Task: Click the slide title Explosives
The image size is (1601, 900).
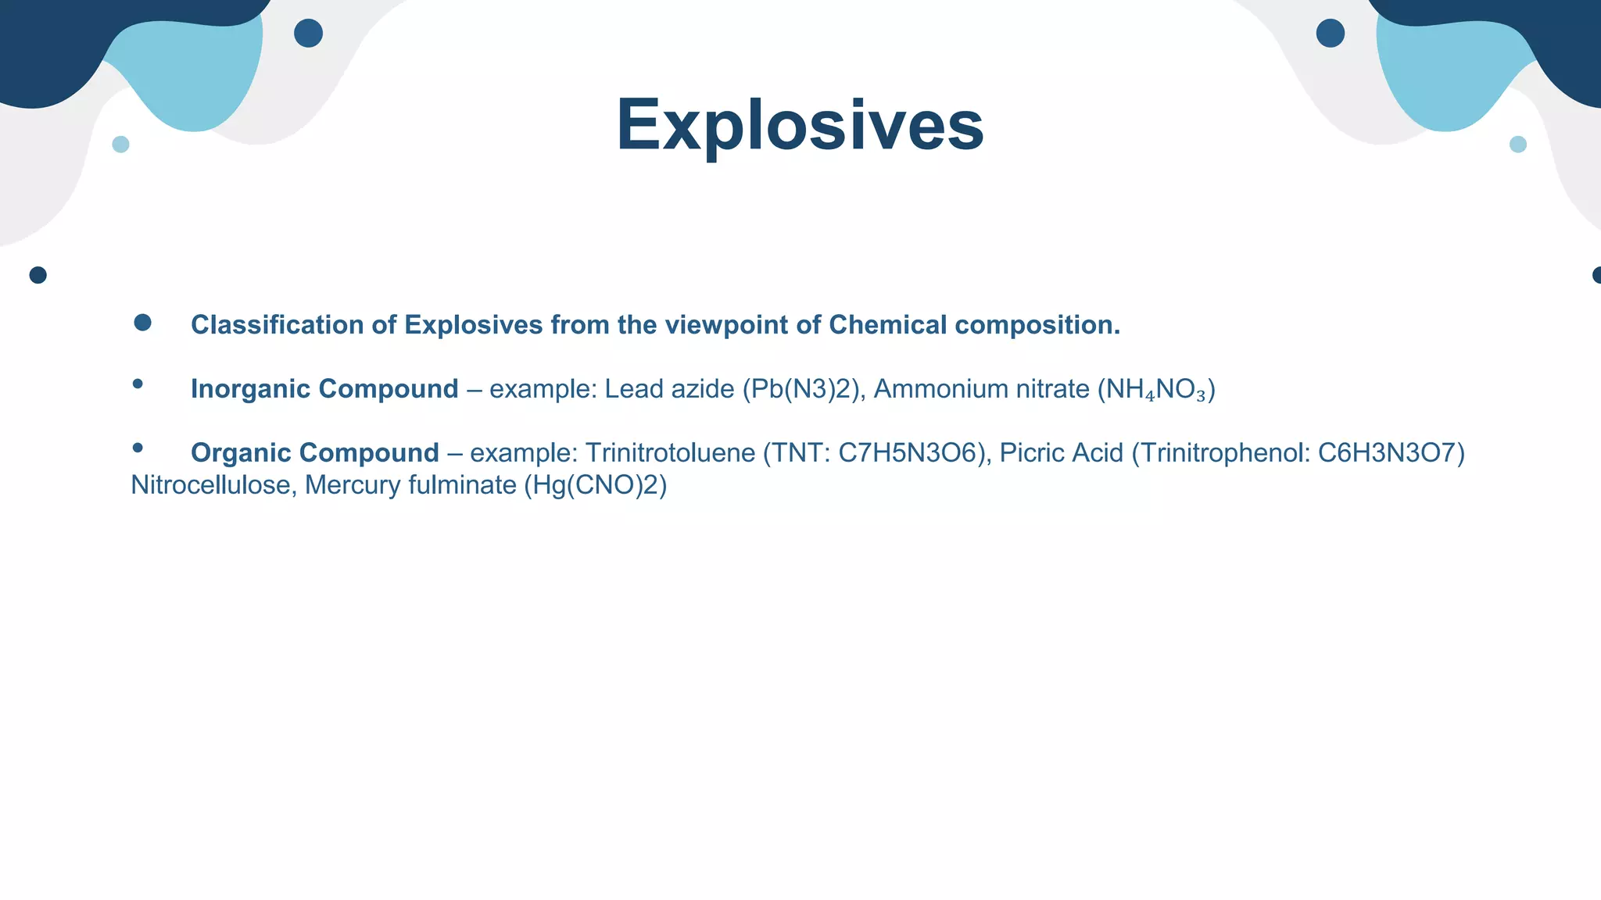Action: pos(800,125)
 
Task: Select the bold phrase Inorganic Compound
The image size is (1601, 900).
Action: pos(324,389)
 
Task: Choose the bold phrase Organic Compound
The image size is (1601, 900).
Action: pos(315,453)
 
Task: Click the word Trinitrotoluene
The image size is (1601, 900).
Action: pos(670,453)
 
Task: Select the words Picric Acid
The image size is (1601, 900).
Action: pos(1061,453)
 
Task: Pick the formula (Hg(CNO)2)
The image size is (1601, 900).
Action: pos(596,485)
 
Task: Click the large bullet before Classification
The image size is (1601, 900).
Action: pos(142,323)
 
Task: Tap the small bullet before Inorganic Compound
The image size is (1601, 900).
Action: pos(138,384)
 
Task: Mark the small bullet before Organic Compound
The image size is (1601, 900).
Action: pos(138,448)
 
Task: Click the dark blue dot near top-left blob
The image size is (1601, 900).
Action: pos(308,34)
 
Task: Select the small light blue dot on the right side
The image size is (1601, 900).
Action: pos(1517,145)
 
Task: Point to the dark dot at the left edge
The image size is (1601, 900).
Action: pos(38,275)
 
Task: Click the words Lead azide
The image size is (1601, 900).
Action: pos(669,389)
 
